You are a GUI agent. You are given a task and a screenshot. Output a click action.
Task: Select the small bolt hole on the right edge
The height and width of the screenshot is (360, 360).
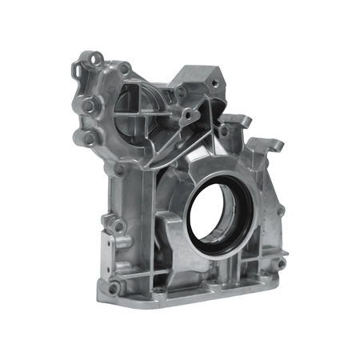281,211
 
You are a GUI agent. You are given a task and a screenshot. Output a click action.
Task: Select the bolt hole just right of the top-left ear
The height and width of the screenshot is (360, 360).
126,69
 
